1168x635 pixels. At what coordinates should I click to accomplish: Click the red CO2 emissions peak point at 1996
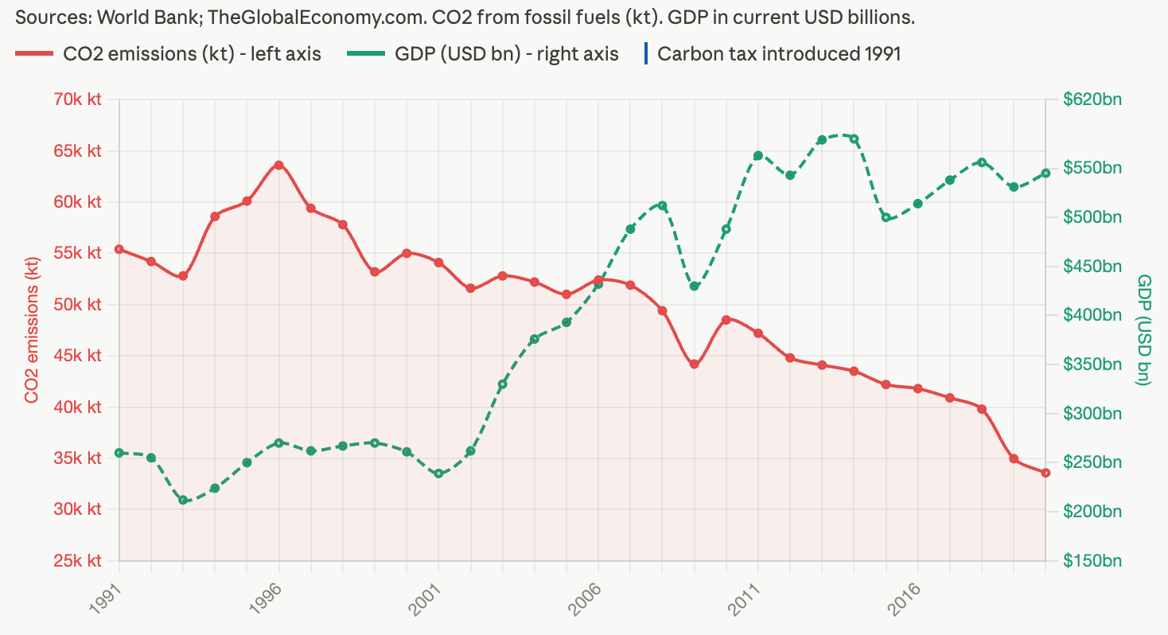point(279,165)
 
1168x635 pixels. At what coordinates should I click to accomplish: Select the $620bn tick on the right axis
point(1092,99)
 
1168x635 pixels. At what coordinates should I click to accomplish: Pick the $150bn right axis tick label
point(1092,561)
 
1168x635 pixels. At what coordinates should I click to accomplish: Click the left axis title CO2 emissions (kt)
point(32,329)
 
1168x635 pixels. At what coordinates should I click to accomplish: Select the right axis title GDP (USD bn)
point(1144,329)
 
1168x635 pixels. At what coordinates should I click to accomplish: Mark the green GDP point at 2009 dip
point(694,286)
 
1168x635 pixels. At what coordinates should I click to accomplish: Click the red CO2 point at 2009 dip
point(694,364)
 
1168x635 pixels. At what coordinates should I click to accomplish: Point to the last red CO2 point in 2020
point(1045,473)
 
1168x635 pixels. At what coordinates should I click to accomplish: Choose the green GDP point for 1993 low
point(183,501)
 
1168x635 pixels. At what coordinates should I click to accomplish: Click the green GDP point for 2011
point(758,155)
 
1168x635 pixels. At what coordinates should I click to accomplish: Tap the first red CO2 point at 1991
point(119,249)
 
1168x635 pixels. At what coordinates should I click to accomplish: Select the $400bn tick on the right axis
point(1092,315)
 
